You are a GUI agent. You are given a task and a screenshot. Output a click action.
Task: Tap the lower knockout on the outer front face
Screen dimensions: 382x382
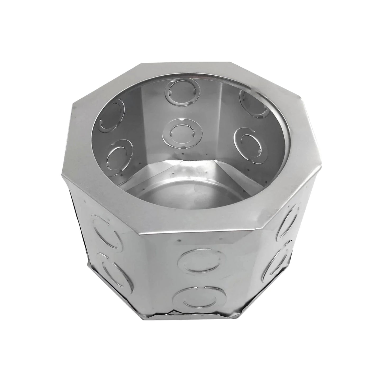[201, 300]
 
